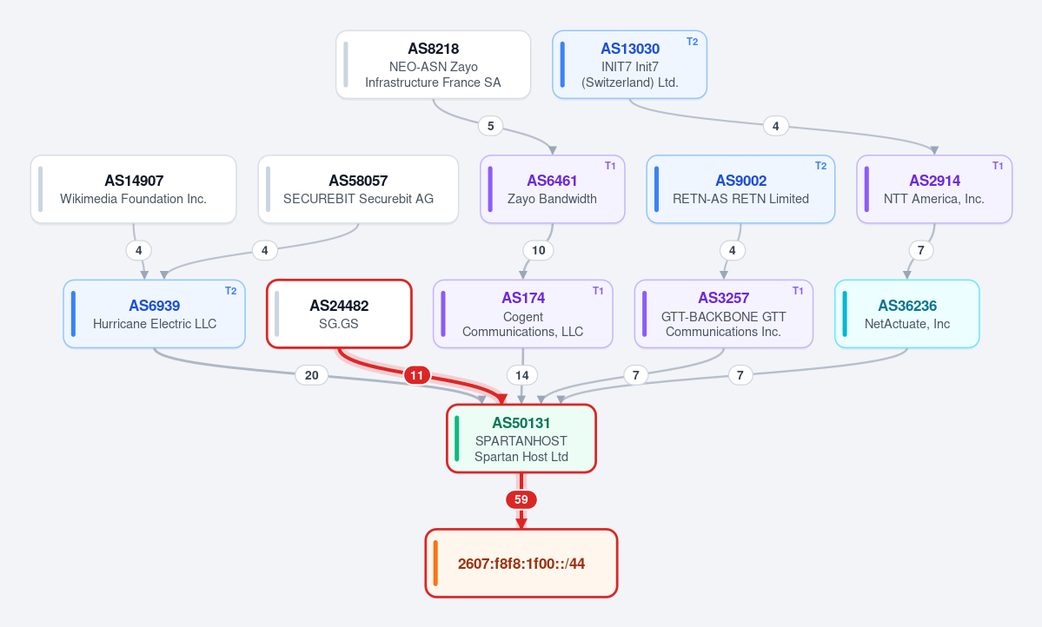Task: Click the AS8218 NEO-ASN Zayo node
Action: click(434, 64)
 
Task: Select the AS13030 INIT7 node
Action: click(629, 64)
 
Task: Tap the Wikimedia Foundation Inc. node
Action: click(134, 189)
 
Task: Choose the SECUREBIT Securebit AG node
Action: click(358, 189)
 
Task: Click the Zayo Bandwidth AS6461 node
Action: click(552, 189)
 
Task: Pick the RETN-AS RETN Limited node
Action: click(740, 189)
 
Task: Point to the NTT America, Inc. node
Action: click(934, 189)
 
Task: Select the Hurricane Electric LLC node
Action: click(154, 314)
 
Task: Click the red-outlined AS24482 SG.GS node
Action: click(339, 314)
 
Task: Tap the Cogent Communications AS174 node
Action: click(523, 314)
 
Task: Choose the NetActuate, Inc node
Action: click(907, 314)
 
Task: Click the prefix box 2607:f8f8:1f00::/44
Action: click(521, 564)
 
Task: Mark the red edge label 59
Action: click(521, 499)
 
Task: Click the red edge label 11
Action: click(416, 375)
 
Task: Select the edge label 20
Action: click(312, 375)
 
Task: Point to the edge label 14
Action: click(522, 375)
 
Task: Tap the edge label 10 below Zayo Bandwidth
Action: click(538, 250)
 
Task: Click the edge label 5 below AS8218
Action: click(490, 126)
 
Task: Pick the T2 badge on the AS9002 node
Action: click(820, 166)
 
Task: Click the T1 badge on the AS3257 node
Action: click(798, 291)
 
